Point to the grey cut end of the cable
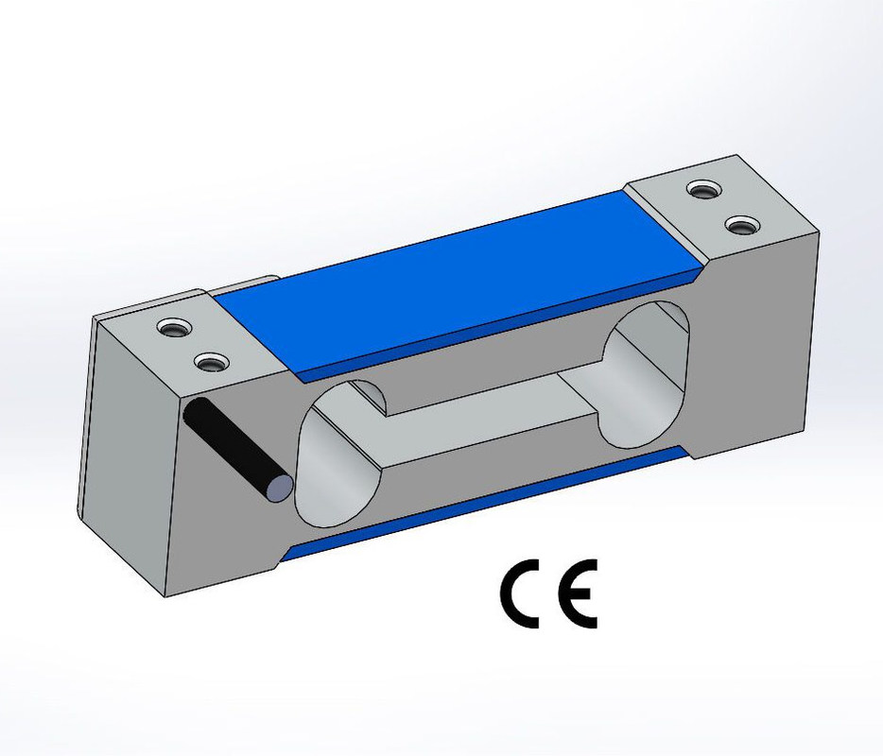[x=279, y=487]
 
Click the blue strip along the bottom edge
[x=484, y=504]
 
